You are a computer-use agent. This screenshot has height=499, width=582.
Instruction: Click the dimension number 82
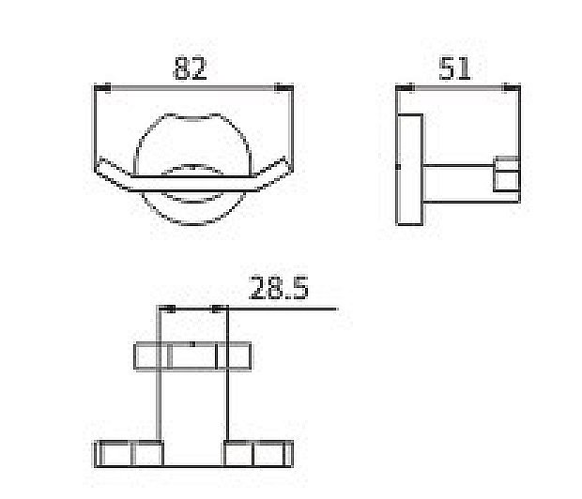[x=190, y=68]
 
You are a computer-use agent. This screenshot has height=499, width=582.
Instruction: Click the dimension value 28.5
[x=278, y=288]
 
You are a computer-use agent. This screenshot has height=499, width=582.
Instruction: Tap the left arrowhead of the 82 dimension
[x=105, y=87]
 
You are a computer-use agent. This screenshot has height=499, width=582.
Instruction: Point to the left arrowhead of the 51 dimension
[x=406, y=87]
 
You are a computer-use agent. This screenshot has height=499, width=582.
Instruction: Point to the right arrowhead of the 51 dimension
[x=509, y=87]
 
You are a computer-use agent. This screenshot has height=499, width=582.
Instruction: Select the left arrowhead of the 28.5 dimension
[x=169, y=308]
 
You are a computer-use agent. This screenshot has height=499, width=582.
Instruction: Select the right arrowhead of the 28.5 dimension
[x=219, y=308]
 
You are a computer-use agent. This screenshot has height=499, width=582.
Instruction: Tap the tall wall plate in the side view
[x=409, y=169]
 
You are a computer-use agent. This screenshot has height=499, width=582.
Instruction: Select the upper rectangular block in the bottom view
[x=192, y=356]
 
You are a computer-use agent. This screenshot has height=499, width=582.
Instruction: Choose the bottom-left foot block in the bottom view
[x=128, y=453]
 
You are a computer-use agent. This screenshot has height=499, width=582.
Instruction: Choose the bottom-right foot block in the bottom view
[x=259, y=453]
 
